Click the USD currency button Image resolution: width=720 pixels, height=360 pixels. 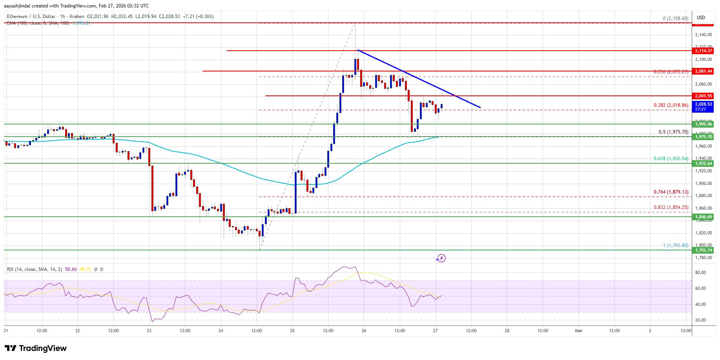(x=701, y=17)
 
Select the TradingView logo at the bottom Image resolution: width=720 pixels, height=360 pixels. (x=36, y=348)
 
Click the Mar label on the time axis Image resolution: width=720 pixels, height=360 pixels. (x=578, y=331)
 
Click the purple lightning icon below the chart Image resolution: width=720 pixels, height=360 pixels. (x=441, y=258)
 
